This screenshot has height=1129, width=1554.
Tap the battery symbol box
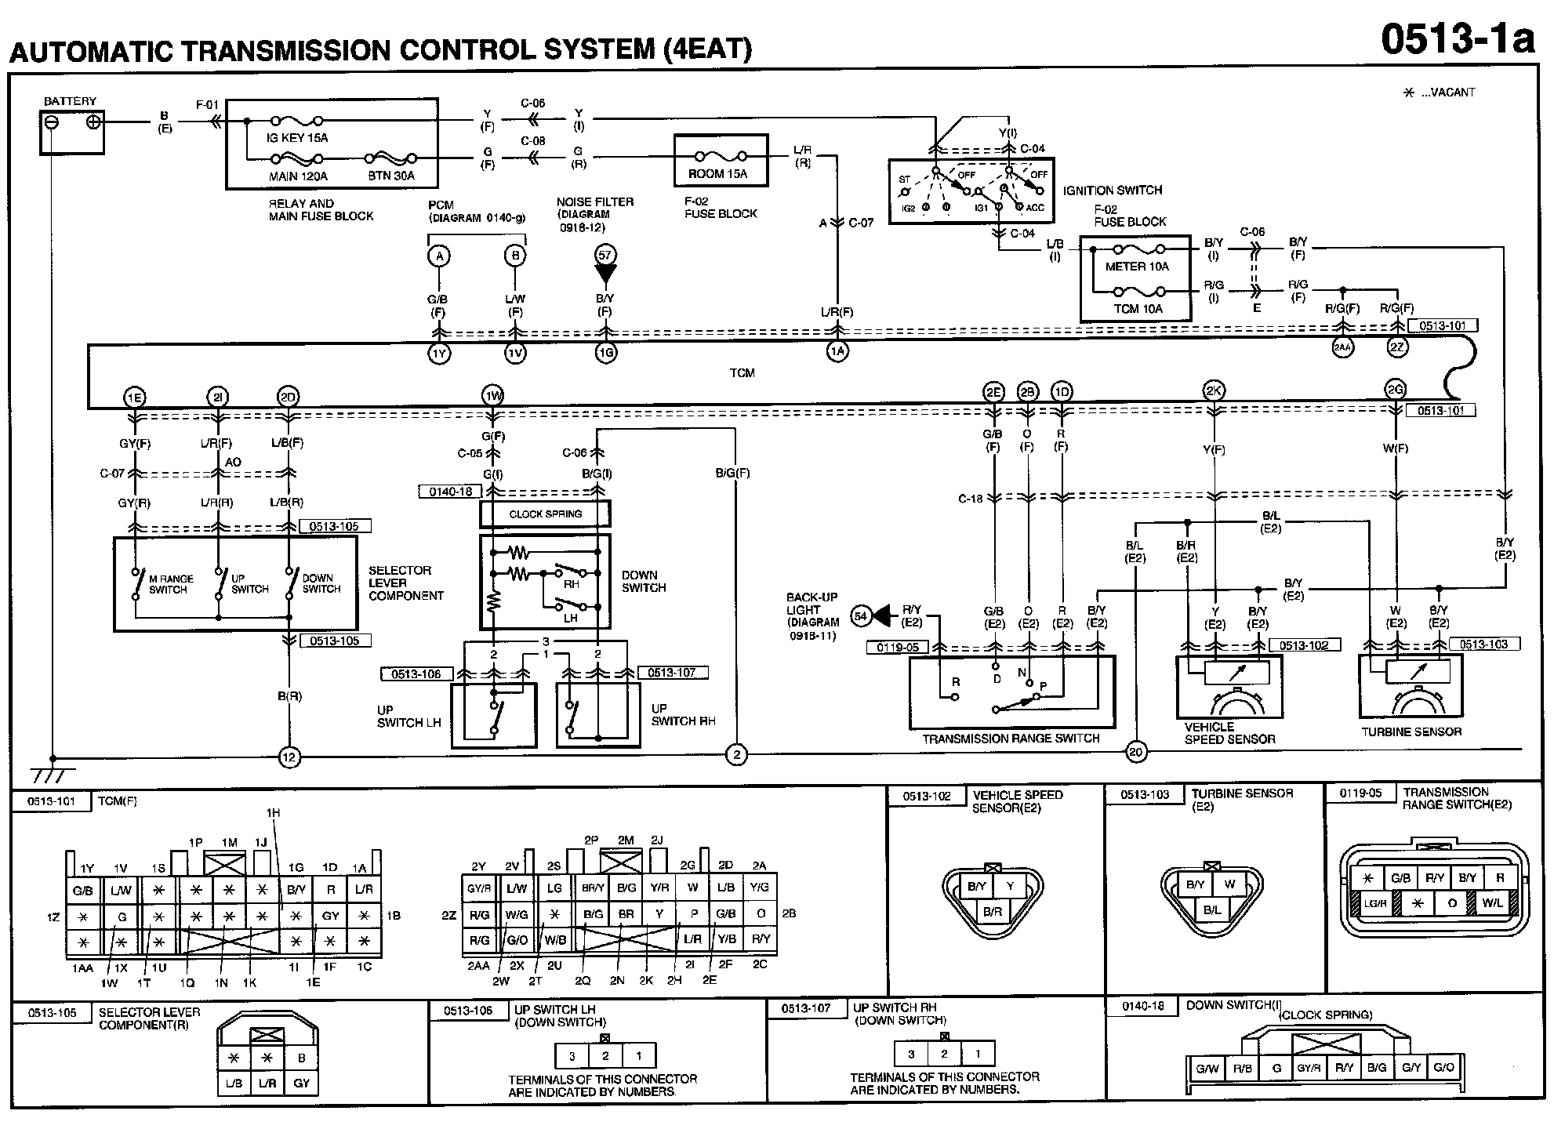coord(71,132)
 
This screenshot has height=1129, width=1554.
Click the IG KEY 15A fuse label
coord(298,138)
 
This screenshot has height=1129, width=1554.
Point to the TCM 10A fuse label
coord(1138,309)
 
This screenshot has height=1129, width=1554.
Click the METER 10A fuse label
coord(1137,267)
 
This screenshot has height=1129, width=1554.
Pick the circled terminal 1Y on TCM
coord(438,354)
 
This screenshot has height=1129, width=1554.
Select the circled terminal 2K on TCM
coord(1214,391)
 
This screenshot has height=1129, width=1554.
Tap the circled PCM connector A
coord(439,256)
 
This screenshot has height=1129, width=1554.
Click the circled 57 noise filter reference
coord(605,254)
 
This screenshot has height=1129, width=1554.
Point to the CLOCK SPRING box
coord(545,514)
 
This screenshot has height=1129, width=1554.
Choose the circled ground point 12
coord(289,757)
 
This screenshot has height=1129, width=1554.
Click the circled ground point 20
coord(1135,753)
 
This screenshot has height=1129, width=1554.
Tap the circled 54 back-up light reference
coord(861,616)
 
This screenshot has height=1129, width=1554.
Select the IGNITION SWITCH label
coord(1112,191)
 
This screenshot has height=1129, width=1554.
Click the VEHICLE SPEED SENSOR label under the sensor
coord(1229,733)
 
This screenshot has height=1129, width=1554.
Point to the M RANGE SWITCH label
coord(171,584)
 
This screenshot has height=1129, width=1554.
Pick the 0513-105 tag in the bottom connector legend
coord(53,1013)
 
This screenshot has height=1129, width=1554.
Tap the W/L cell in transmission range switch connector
coord(1492,903)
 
